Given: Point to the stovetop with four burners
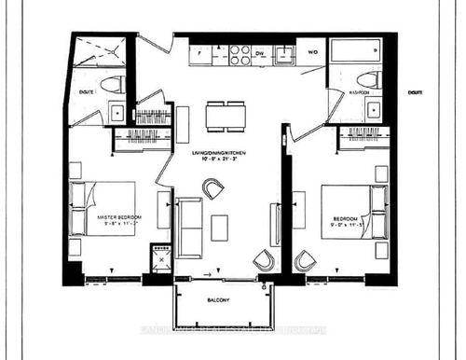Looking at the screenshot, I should (x=239, y=54).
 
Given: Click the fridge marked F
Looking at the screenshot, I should (x=200, y=54).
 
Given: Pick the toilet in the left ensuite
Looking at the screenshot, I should (x=112, y=84).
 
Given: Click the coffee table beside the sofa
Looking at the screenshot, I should (x=219, y=227).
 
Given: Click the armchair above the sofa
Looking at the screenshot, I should (x=213, y=189).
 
